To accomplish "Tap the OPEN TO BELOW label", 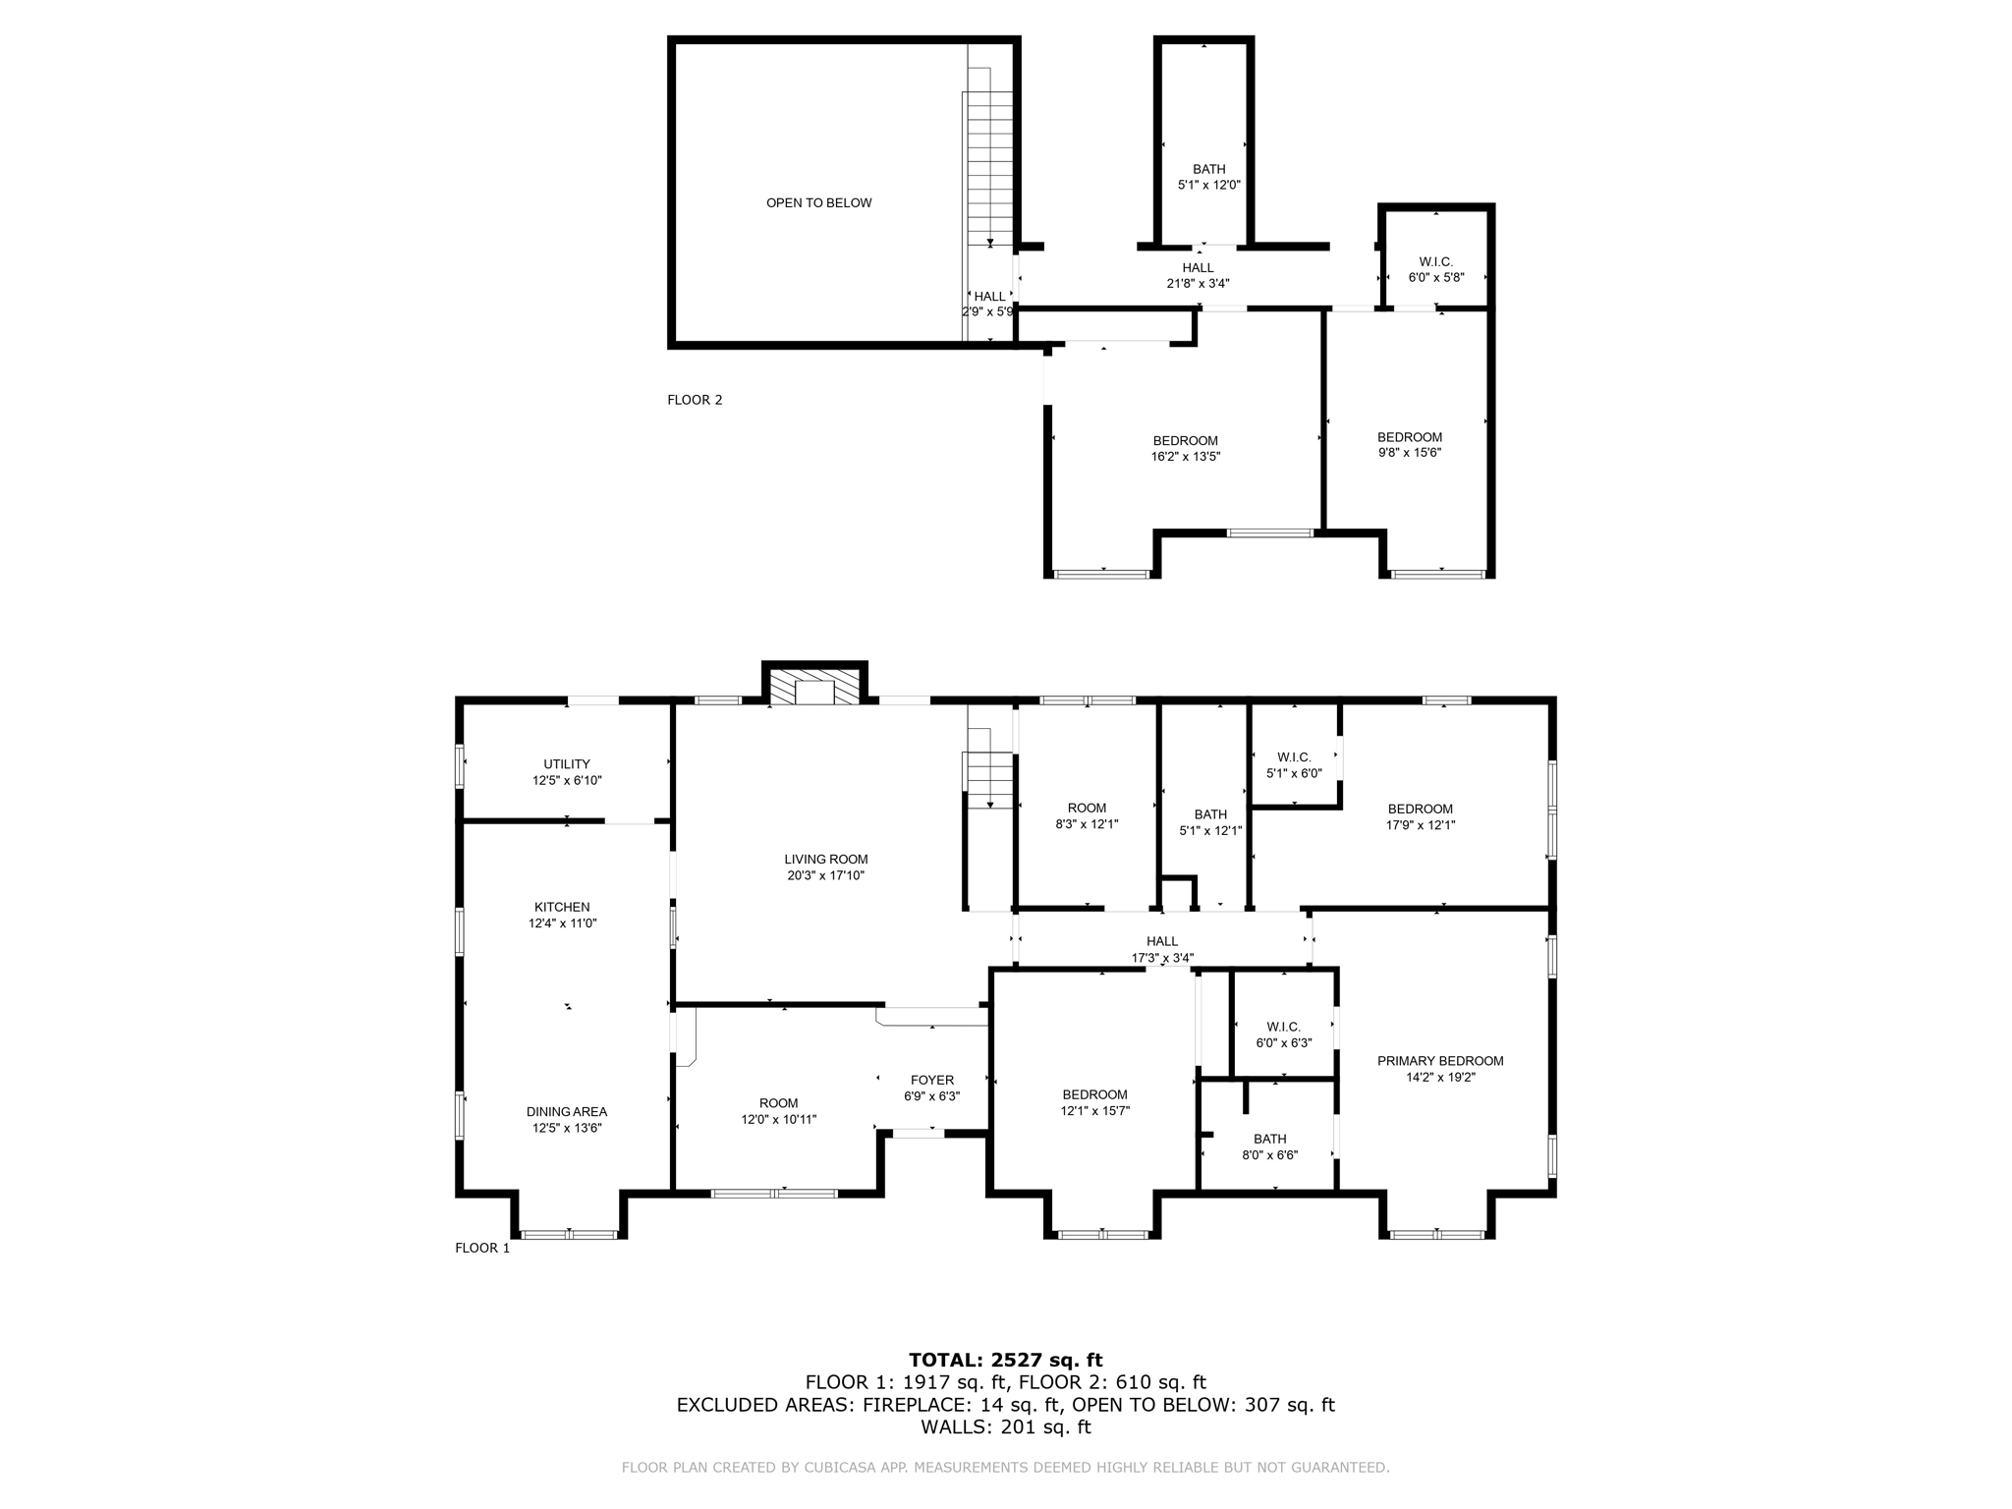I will [x=818, y=203].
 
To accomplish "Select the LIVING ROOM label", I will [x=825, y=860].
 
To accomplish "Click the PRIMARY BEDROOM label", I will [x=1439, y=1061].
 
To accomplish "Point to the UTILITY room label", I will [x=567, y=764].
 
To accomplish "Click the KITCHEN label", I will [x=562, y=907].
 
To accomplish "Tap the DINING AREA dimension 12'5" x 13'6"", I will [x=567, y=1128].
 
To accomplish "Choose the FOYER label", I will [x=931, y=1080].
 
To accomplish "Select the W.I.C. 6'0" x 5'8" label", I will [x=1435, y=269].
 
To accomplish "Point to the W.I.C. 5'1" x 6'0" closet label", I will [x=1294, y=764].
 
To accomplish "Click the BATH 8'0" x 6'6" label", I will [x=1269, y=1146].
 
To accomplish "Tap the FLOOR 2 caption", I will [x=695, y=400].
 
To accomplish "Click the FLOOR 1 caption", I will [x=482, y=1248].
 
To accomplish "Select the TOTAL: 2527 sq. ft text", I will [x=1005, y=1360].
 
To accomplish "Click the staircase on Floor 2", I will [x=989, y=167].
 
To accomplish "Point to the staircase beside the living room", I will [x=989, y=766].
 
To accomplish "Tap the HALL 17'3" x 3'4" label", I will [x=1162, y=949].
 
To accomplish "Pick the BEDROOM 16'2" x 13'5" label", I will [x=1185, y=448].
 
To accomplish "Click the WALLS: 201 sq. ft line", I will [x=1005, y=1426].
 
